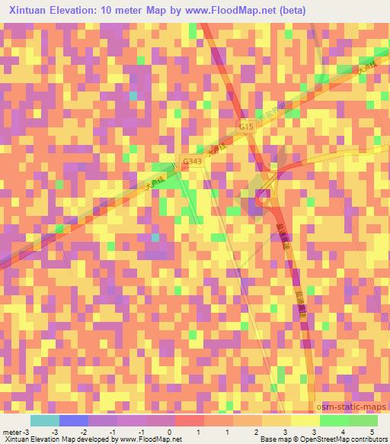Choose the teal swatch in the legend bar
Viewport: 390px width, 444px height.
tap(45, 420)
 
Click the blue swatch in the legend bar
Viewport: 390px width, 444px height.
tap(74, 420)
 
